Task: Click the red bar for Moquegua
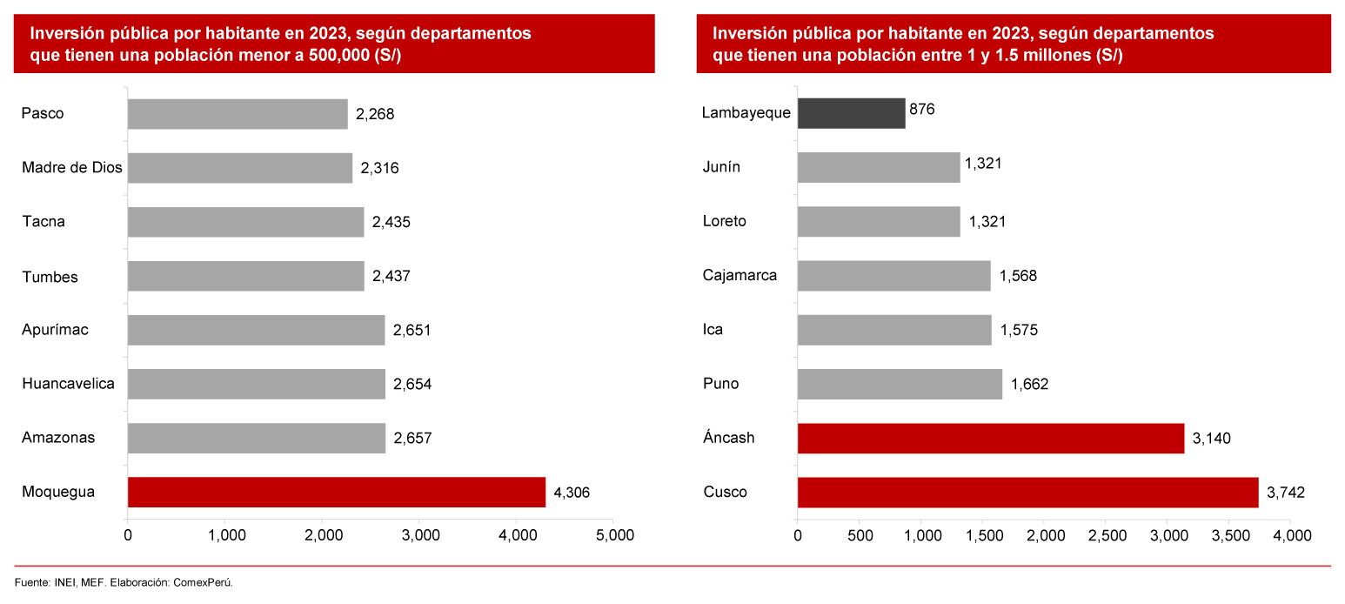click(x=336, y=492)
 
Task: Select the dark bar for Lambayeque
click(x=851, y=113)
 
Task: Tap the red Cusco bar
click(x=1027, y=492)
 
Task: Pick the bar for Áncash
click(x=990, y=438)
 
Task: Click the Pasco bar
click(x=238, y=114)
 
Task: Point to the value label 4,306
click(x=572, y=493)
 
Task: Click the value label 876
click(x=921, y=110)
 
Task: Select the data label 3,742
click(x=1286, y=493)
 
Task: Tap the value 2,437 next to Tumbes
click(x=391, y=277)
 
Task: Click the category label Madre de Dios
click(x=72, y=168)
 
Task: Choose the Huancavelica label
click(x=68, y=383)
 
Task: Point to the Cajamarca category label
click(x=739, y=276)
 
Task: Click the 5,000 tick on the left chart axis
click(x=612, y=535)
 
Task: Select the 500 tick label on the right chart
click(x=859, y=535)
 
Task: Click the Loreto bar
click(x=879, y=222)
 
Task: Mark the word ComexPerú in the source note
click(x=204, y=582)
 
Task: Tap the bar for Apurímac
click(x=256, y=330)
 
